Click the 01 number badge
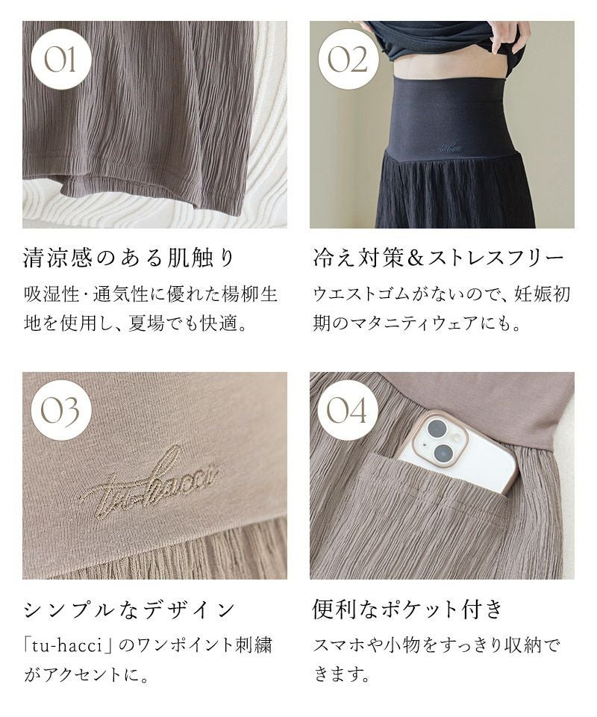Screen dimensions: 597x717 [60, 60]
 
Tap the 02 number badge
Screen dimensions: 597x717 [348, 60]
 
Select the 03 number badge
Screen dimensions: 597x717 [60, 410]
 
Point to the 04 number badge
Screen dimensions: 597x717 [348, 410]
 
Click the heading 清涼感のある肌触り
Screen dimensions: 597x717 [129, 258]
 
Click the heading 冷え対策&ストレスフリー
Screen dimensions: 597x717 [439, 258]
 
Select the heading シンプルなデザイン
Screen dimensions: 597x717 [129, 610]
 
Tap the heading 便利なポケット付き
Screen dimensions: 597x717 [408, 609]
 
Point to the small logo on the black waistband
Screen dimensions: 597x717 [451, 148]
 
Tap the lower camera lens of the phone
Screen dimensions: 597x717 [443, 453]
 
